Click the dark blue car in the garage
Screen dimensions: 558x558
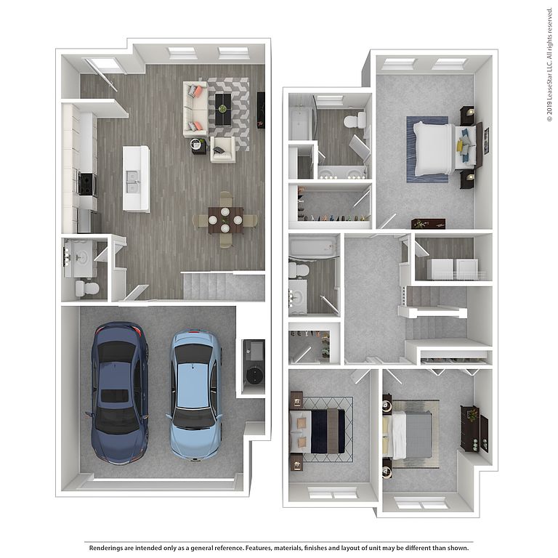coord(119,393)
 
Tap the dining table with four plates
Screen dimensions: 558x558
coord(226,220)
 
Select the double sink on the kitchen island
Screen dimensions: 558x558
coord(132,182)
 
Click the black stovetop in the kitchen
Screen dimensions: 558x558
coord(86,184)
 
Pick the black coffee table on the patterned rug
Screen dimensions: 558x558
coord(223,109)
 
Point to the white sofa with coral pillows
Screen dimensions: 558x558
coord(195,109)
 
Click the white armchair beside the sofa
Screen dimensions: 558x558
coord(222,150)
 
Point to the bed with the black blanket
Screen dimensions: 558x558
coord(318,431)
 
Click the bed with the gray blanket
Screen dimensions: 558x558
coord(408,435)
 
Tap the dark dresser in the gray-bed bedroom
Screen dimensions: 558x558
coord(470,429)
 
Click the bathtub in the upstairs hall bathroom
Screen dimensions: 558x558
coord(312,246)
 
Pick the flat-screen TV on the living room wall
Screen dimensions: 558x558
coord(261,110)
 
